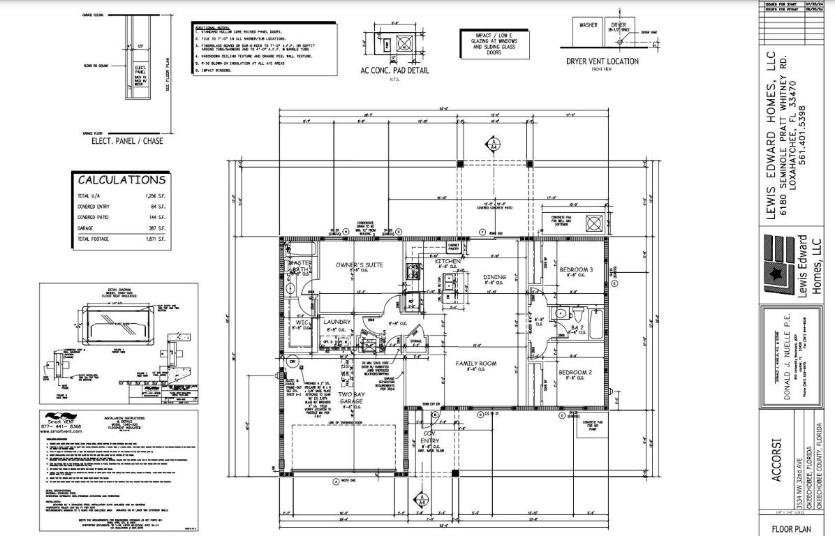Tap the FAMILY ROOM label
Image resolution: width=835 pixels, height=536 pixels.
click(475, 364)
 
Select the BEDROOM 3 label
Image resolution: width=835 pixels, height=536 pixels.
click(576, 269)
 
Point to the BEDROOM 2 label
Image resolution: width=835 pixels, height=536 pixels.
click(575, 373)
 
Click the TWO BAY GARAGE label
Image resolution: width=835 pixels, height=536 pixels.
click(351, 399)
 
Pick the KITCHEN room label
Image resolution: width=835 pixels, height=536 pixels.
click(448, 261)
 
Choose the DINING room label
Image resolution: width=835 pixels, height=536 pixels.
click(494, 277)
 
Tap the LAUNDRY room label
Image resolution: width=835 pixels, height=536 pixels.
click(337, 322)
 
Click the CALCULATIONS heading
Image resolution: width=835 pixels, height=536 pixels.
click(121, 180)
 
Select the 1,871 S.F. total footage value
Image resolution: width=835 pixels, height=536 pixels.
click(156, 239)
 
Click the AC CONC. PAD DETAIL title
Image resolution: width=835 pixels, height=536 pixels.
click(394, 70)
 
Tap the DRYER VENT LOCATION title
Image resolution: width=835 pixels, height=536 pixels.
click(602, 61)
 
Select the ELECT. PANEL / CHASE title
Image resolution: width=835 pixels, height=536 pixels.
click(127, 141)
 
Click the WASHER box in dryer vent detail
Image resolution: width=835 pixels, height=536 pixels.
click(588, 25)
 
